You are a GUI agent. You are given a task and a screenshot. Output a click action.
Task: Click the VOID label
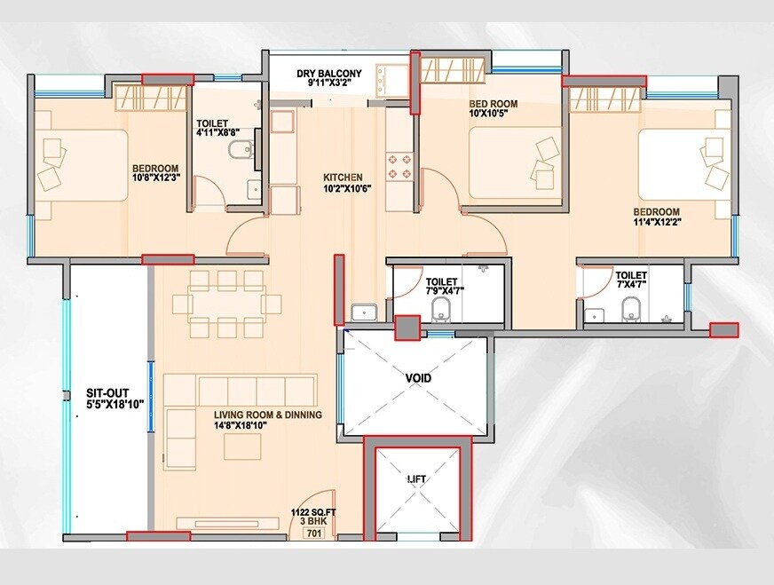point(418,378)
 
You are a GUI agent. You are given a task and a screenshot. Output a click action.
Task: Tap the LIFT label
point(417,479)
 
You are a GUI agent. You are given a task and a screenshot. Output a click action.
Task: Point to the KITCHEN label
point(343,177)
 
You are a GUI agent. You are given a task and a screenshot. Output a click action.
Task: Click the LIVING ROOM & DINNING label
point(267,415)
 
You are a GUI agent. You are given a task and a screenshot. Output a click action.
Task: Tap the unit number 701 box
point(312,534)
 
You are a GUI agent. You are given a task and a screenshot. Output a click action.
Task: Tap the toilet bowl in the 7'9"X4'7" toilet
point(440,310)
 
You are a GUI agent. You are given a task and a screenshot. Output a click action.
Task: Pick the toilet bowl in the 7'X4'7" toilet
point(631,310)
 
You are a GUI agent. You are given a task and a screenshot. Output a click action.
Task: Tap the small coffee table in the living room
point(241,447)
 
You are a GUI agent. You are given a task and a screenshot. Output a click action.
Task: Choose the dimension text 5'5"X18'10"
point(115,406)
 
